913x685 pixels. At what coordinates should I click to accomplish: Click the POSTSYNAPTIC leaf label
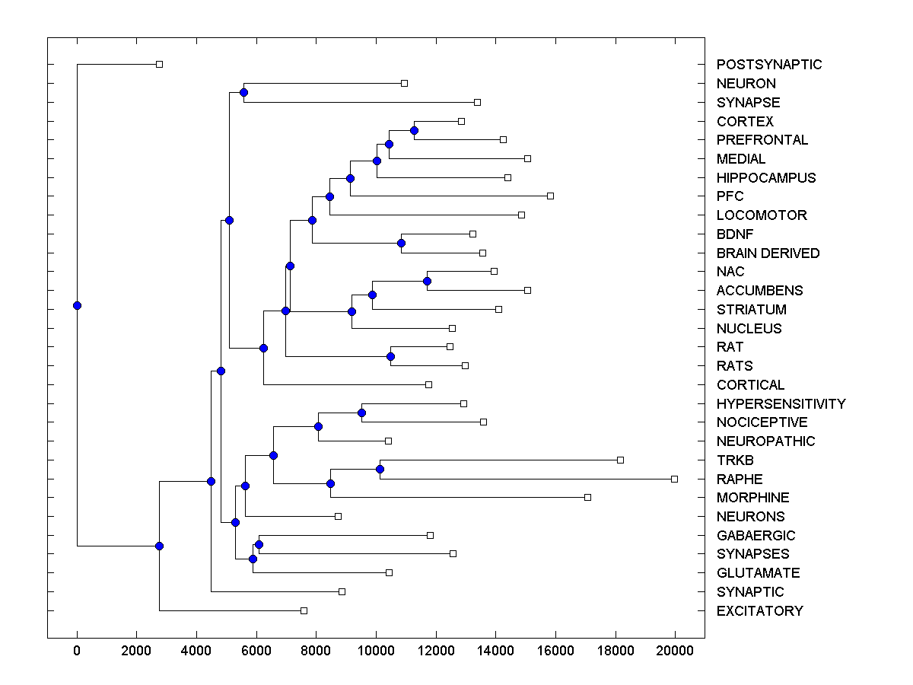pyautogui.click(x=769, y=65)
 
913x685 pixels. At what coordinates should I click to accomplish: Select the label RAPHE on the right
pyautogui.click(x=740, y=479)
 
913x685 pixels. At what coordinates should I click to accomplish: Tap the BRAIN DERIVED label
pyautogui.click(x=768, y=253)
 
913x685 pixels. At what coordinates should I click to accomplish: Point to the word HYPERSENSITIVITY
pyautogui.click(x=781, y=403)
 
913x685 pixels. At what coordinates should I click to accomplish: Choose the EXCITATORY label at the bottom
pyautogui.click(x=759, y=610)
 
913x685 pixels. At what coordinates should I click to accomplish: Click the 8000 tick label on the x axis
pyautogui.click(x=316, y=649)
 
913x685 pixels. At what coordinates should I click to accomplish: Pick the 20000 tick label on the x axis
pyautogui.click(x=675, y=649)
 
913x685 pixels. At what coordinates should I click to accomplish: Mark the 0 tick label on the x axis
pyautogui.click(x=77, y=649)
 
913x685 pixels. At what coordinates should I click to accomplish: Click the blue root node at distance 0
pyautogui.click(x=77, y=305)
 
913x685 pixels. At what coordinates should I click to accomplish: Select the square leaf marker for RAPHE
pyautogui.click(x=674, y=479)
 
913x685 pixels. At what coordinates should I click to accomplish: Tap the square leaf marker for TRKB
pyautogui.click(x=620, y=460)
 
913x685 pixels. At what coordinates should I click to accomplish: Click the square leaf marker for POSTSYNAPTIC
pyautogui.click(x=159, y=64)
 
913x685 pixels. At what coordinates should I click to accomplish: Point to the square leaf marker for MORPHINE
pyautogui.click(x=587, y=497)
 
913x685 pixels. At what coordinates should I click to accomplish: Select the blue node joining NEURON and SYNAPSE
pyautogui.click(x=243, y=92)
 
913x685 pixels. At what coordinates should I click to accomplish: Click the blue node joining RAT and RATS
pyautogui.click(x=390, y=356)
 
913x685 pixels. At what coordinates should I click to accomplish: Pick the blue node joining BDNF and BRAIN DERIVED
pyautogui.click(x=401, y=243)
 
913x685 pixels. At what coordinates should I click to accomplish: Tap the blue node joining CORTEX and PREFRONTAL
pyautogui.click(x=414, y=130)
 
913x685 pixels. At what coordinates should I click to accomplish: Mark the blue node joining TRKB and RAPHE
pyautogui.click(x=380, y=469)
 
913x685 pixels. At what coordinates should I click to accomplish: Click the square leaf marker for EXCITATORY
pyautogui.click(x=304, y=610)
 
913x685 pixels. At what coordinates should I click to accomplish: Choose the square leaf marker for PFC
pyautogui.click(x=550, y=196)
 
